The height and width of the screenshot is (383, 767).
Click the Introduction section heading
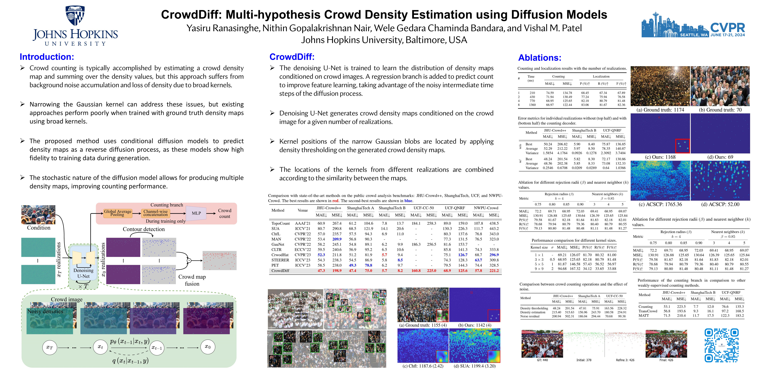(47, 57)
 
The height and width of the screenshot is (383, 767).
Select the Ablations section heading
(539, 58)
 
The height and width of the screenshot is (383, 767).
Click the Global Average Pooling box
(118, 213)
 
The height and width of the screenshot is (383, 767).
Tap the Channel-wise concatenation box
(155, 213)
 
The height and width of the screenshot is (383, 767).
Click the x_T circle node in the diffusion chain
(49, 347)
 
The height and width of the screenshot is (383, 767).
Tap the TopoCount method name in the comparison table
(280, 223)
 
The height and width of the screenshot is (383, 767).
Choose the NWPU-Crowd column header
(486, 208)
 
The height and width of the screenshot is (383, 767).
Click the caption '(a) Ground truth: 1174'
(660, 110)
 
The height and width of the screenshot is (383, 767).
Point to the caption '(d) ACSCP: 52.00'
(720, 204)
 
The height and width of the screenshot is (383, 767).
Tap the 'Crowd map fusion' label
(192, 280)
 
